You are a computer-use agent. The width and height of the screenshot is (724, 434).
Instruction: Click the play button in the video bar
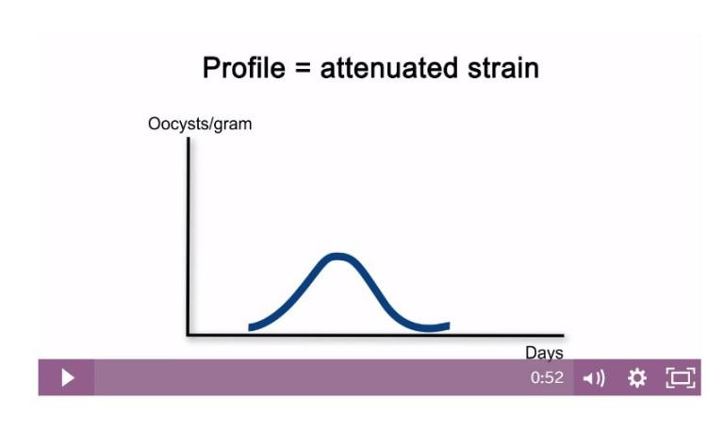click(x=67, y=377)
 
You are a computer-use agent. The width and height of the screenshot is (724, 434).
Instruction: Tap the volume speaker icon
click(x=594, y=378)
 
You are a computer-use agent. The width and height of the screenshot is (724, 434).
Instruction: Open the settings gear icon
click(x=637, y=378)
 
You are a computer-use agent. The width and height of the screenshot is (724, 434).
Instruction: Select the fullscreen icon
click(x=680, y=378)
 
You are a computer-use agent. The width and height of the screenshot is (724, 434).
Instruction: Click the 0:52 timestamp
click(x=547, y=378)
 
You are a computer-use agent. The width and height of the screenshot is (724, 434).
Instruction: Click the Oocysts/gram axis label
click(x=200, y=124)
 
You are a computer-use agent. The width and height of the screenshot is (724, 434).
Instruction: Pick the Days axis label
click(x=544, y=353)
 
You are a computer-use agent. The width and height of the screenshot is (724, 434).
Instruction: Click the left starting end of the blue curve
click(x=251, y=327)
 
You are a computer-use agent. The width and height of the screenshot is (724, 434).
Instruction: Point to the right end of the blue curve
click(x=447, y=325)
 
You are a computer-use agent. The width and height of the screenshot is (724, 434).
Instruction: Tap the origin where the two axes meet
click(x=189, y=334)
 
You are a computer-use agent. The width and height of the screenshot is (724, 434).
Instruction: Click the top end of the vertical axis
click(x=189, y=140)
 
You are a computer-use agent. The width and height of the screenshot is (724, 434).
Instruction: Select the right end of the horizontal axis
click(x=562, y=334)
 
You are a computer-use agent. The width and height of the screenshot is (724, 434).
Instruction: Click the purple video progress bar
click(x=311, y=377)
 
